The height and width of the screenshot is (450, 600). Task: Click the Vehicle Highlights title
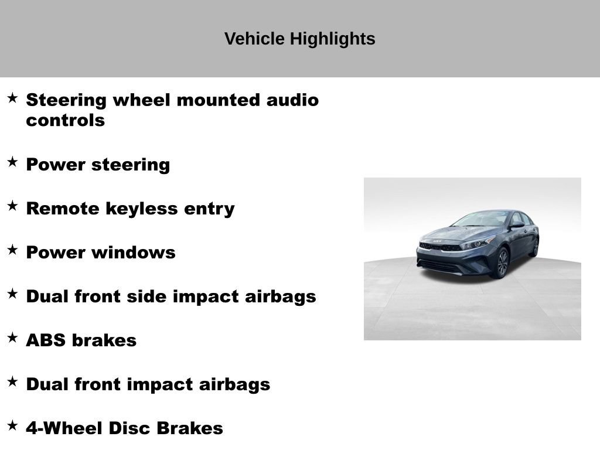click(x=299, y=39)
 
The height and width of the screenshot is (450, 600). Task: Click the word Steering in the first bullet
click(x=66, y=100)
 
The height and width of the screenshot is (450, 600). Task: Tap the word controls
click(x=65, y=121)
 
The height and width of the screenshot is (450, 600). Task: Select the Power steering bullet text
click(x=98, y=165)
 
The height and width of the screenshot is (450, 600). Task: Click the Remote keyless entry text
click(x=130, y=209)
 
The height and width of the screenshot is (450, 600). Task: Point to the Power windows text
click(x=100, y=253)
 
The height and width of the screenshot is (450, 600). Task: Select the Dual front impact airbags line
click(x=148, y=384)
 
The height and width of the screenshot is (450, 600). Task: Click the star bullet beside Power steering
click(x=12, y=162)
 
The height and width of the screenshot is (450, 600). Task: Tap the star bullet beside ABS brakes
click(x=12, y=337)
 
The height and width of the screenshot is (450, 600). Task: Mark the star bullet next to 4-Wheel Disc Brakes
click(x=12, y=425)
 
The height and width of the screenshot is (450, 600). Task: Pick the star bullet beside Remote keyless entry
click(x=12, y=206)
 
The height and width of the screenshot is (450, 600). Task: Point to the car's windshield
click(x=481, y=219)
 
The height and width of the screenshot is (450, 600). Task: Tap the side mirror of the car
click(x=517, y=224)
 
